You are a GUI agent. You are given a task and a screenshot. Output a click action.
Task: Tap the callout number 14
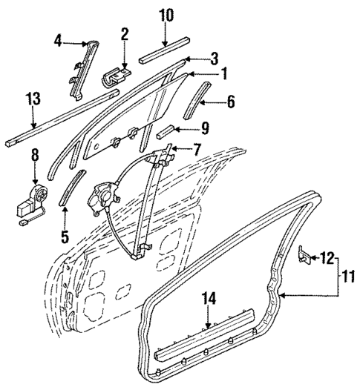coord(210,300)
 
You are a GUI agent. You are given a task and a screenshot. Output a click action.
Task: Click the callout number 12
coord(327,258)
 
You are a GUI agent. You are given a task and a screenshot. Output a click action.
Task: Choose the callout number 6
coord(230,102)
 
